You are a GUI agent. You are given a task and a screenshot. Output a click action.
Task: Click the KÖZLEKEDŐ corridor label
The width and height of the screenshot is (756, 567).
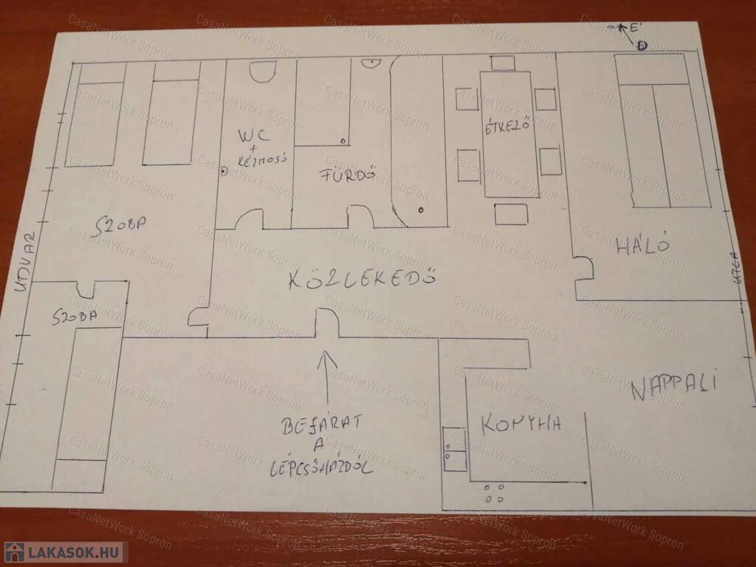point(362,279)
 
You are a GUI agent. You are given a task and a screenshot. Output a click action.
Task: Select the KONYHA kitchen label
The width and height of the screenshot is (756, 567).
point(521,425)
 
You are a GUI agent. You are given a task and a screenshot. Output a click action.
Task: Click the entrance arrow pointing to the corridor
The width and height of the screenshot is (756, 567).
point(326,377)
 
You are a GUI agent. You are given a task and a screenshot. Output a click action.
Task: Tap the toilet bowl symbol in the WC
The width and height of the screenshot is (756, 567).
point(261,71)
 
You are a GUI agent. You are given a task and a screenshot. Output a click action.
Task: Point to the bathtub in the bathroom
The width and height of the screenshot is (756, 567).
point(419,140)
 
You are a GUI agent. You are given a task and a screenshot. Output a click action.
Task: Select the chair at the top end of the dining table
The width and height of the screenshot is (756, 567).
point(503,63)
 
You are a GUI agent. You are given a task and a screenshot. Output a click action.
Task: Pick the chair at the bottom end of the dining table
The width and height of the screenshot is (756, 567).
point(511,214)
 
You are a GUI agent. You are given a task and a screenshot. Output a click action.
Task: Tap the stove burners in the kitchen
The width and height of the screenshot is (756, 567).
point(492,492)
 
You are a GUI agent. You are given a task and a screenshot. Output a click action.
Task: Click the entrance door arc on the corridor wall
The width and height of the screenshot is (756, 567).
point(327,323)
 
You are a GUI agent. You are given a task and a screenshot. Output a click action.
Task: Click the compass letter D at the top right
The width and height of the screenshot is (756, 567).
point(642,46)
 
